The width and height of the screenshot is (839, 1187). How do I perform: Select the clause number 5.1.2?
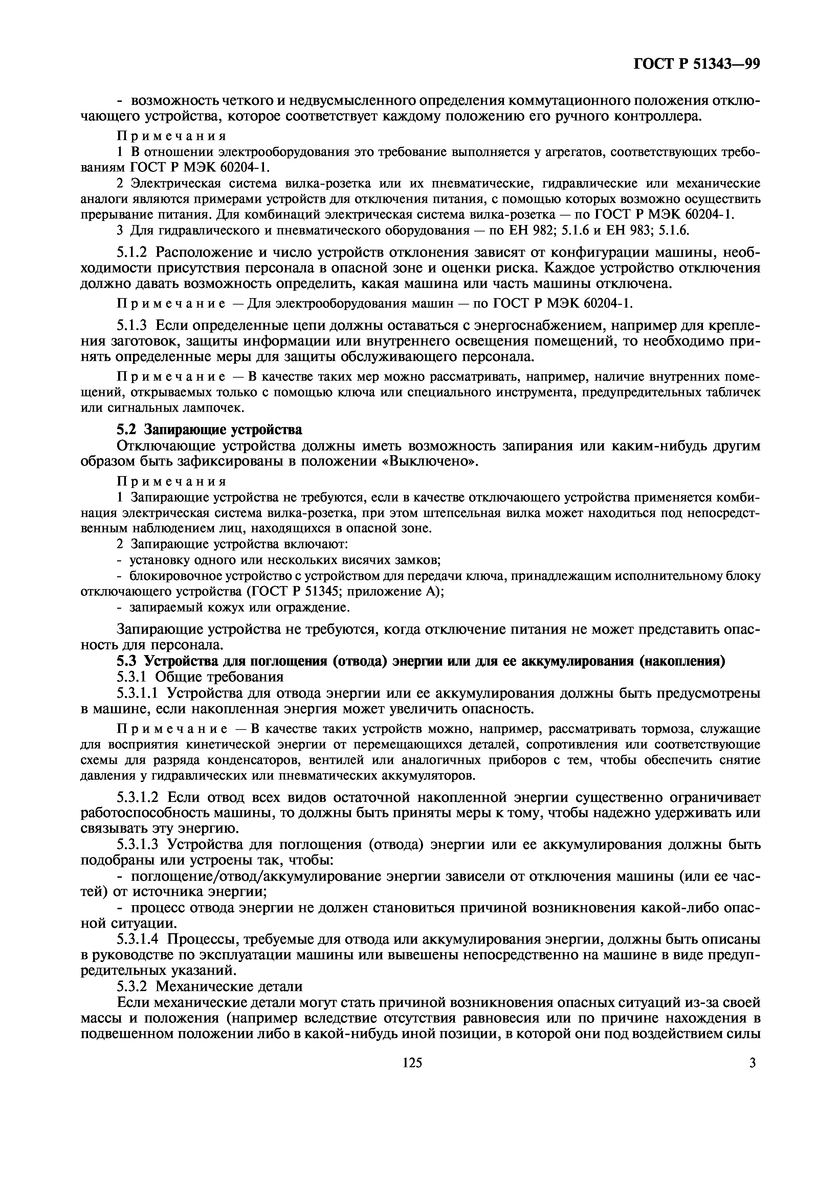(x=132, y=252)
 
